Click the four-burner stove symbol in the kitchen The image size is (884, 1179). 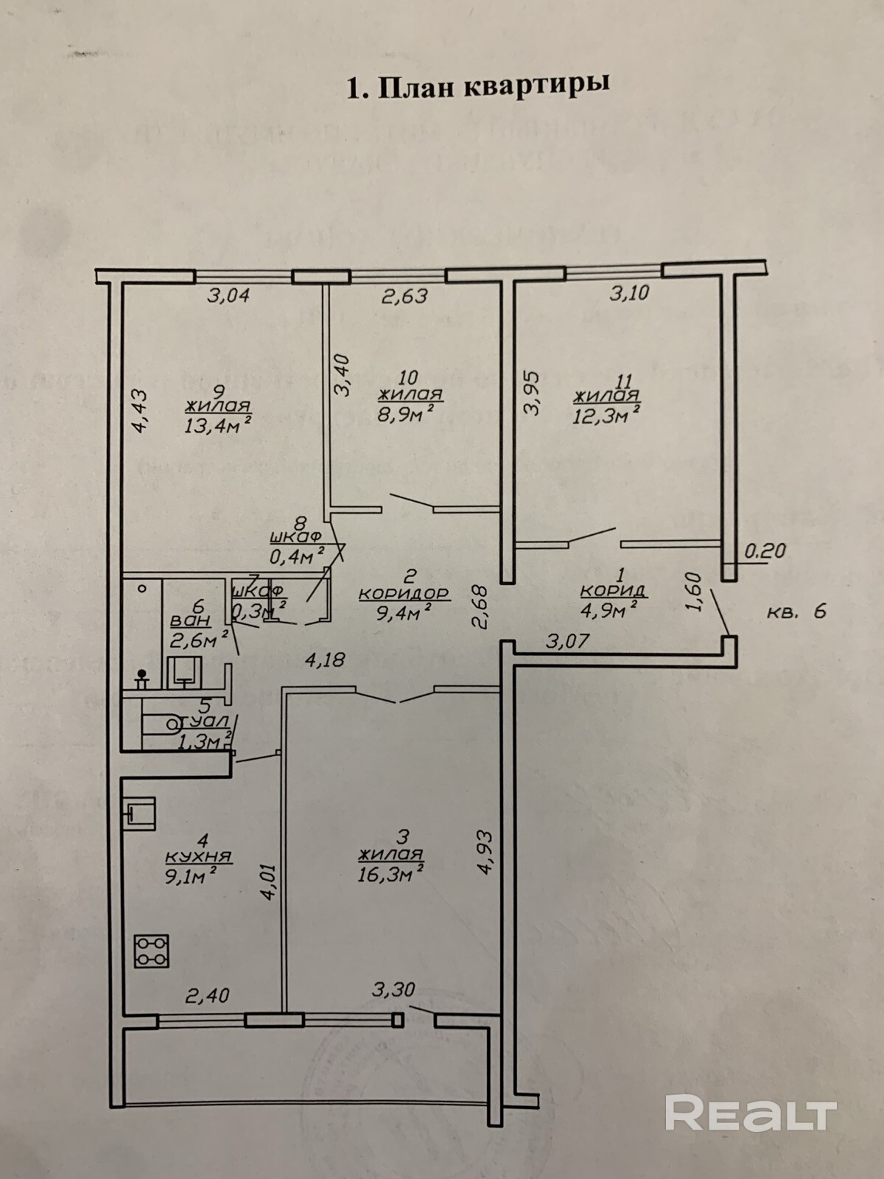click(x=151, y=951)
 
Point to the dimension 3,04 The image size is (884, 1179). click(x=228, y=295)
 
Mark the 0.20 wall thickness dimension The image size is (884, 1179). click(x=766, y=550)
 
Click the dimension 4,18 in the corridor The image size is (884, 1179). click(x=325, y=659)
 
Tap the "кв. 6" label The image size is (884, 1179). click(x=797, y=611)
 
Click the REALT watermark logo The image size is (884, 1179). click(x=751, y=1113)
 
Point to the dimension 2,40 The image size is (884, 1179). click(x=207, y=996)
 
